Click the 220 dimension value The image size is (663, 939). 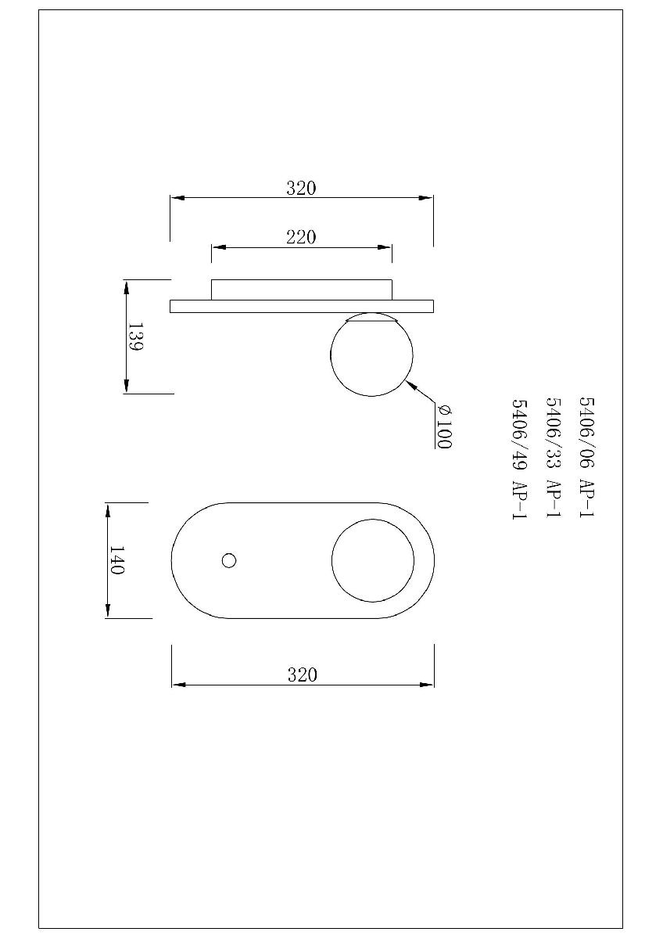[x=301, y=238]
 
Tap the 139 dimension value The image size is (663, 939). [x=135, y=336]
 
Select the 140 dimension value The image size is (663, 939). [x=116, y=560]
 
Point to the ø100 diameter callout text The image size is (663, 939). [x=444, y=426]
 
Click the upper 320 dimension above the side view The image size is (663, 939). [x=301, y=189]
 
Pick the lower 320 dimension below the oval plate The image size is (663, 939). [x=303, y=675]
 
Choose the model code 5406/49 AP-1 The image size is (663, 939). [x=520, y=459]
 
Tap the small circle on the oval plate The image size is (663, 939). [x=228, y=560]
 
